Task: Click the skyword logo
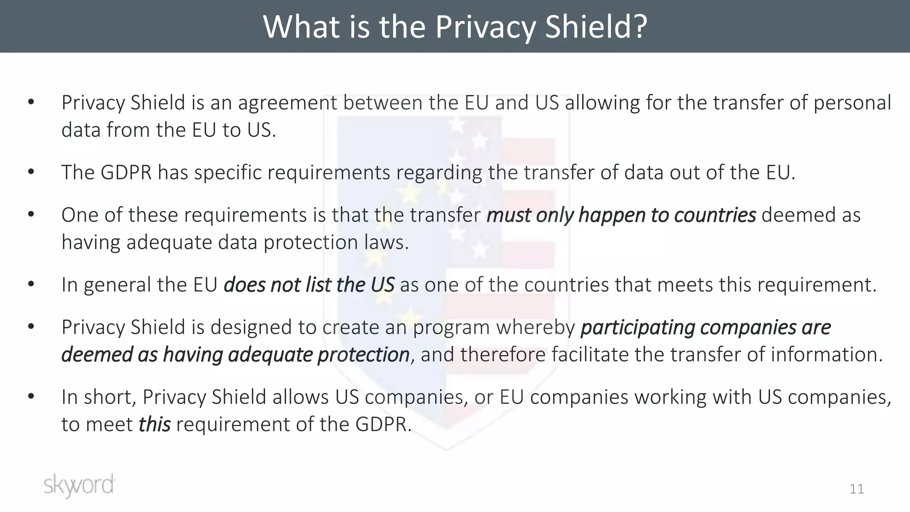(x=80, y=485)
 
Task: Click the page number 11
(x=857, y=489)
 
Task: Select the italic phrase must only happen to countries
(x=621, y=215)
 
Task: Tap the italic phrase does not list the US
(x=309, y=285)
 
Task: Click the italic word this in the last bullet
(x=154, y=424)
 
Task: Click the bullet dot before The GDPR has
(x=31, y=172)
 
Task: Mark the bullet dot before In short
(x=31, y=397)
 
